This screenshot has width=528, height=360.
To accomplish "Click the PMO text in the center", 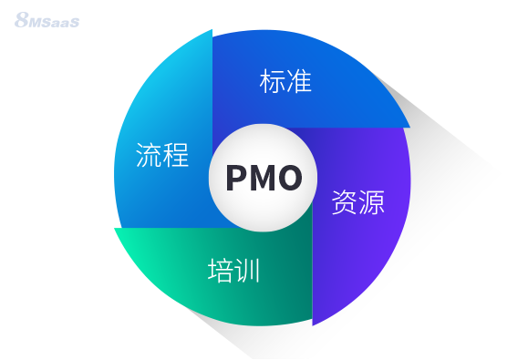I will [x=263, y=177].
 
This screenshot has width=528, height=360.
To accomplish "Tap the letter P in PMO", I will [x=235, y=177].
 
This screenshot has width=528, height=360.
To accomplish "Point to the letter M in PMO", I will [x=261, y=177].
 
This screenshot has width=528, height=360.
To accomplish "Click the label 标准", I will [x=285, y=82].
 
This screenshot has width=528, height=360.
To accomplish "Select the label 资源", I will [x=357, y=201].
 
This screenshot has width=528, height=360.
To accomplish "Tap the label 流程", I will [x=161, y=155].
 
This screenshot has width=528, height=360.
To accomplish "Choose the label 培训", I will [x=234, y=271].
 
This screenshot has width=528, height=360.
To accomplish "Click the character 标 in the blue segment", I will [x=273, y=82].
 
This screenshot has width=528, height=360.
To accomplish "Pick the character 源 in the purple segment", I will [x=370, y=201].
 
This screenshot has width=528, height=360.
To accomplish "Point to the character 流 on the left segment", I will [x=149, y=155].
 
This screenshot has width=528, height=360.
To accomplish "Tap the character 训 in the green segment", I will [x=248, y=271].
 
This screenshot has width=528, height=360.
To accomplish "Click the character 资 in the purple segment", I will [x=344, y=201].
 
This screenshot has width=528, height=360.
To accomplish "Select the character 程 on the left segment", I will [x=175, y=155].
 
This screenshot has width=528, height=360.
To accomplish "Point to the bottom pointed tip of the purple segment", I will [x=313, y=324].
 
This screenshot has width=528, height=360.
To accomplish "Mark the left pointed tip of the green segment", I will [x=115, y=229].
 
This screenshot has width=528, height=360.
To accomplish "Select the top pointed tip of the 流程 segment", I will [x=212, y=30].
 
